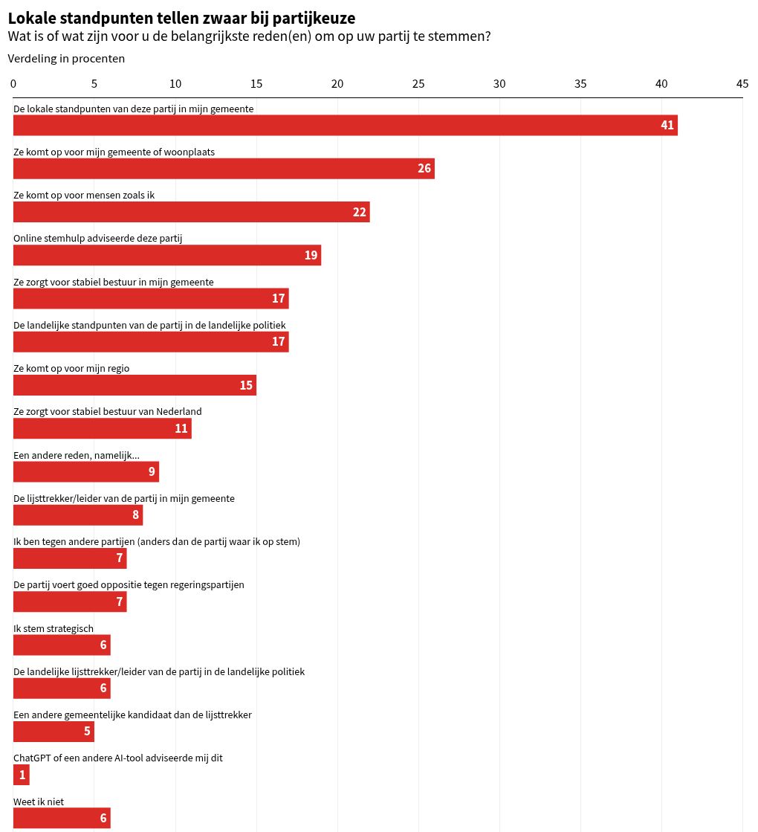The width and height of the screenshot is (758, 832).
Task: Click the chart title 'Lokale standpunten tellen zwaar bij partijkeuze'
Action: pyautogui.click(x=181, y=18)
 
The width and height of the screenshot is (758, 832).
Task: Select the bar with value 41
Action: pyautogui.click(x=346, y=125)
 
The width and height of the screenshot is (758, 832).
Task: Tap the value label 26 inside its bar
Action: pyautogui.click(x=424, y=168)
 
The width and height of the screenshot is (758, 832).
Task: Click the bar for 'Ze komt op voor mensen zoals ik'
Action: pyautogui.click(x=192, y=212)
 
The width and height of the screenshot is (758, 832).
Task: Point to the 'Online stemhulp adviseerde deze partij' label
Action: pyautogui.click(x=97, y=238)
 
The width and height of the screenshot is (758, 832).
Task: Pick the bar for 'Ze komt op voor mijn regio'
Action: pyautogui.click(x=135, y=384)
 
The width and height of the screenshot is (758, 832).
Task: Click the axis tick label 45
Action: pyautogui.click(x=742, y=84)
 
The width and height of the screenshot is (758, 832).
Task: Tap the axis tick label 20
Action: pyautogui.click(x=337, y=84)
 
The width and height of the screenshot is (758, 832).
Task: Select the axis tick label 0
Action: pyautogui.click(x=13, y=84)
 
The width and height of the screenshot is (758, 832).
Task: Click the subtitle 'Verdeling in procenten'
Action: pyautogui.click(x=66, y=59)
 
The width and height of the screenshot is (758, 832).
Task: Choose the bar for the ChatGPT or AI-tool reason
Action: pyautogui.click(x=22, y=775)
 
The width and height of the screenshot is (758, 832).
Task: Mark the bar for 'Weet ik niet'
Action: pyautogui.click(x=62, y=818)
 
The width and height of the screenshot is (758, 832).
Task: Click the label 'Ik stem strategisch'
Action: pyautogui.click(x=54, y=628)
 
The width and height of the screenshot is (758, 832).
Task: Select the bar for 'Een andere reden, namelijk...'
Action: pyautogui.click(x=86, y=471)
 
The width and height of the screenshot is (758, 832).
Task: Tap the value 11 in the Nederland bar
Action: pyautogui.click(x=181, y=428)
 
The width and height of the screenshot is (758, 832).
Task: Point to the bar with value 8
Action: pyautogui.click(x=78, y=515)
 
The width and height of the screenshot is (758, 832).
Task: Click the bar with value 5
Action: pyautogui.click(x=54, y=731)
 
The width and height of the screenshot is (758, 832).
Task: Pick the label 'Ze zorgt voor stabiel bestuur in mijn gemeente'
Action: pyautogui.click(x=114, y=282)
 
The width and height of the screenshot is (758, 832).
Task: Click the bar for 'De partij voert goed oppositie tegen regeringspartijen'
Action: pyautogui.click(x=70, y=602)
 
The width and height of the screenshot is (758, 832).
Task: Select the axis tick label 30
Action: pyautogui.click(x=499, y=84)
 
